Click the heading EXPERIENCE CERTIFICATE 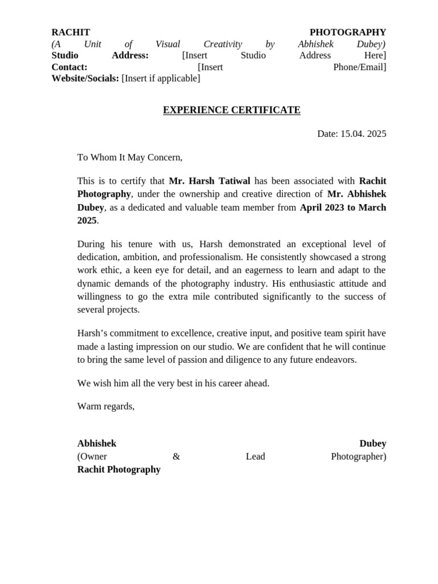(x=232, y=110)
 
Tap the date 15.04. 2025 (x=363, y=134)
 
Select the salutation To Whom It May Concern (x=130, y=157)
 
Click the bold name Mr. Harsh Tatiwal (x=209, y=181)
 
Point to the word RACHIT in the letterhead (x=71, y=33)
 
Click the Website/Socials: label (x=85, y=78)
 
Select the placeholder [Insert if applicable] (x=161, y=78)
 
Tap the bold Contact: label (x=69, y=67)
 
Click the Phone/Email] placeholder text (x=359, y=67)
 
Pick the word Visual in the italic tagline (x=168, y=44)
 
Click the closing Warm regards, (x=106, y=406)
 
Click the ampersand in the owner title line (x=176, y=456)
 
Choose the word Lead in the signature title (x=255, y=456)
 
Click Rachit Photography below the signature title (x=119, y=469)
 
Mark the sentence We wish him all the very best (x=173, y=383)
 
